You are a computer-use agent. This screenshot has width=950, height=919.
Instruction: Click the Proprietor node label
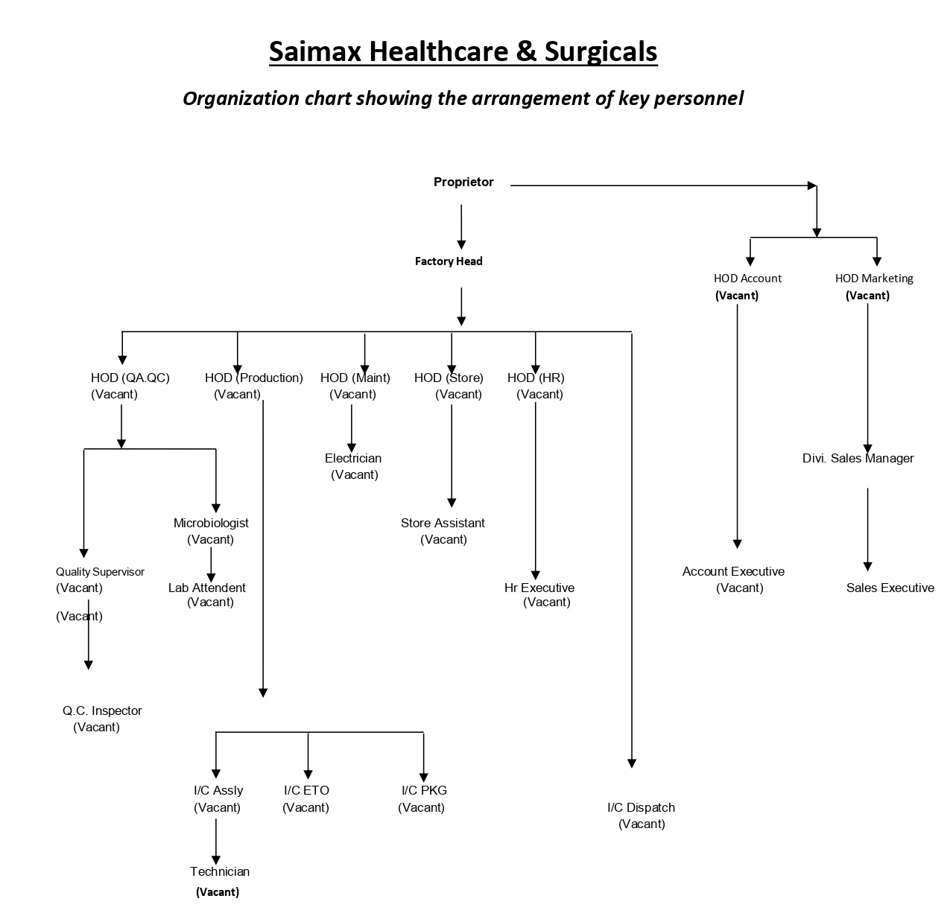463,182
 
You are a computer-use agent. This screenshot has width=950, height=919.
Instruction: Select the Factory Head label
448,261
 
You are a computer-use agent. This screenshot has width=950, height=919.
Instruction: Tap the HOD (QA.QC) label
130,378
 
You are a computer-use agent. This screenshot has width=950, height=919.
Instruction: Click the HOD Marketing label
873,279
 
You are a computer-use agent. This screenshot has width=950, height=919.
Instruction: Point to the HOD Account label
747,279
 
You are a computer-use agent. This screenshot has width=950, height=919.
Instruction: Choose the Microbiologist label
211,523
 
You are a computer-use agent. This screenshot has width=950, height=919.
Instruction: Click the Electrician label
353,458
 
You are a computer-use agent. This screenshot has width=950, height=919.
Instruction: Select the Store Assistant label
443,523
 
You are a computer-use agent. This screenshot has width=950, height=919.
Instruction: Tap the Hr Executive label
539,588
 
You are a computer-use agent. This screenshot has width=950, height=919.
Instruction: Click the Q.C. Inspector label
102,710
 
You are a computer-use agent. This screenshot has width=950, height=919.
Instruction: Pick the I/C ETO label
306,790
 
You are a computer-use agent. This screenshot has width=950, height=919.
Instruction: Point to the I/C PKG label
424,790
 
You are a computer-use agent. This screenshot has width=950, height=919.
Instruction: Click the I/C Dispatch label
641,807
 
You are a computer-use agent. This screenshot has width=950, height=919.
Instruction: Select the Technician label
220,871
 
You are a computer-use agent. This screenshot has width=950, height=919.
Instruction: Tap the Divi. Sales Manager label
858,458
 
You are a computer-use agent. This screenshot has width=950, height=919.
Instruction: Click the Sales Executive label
890,588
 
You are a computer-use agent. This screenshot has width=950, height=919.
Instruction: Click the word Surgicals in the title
601,51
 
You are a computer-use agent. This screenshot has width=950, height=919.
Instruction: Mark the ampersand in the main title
526,51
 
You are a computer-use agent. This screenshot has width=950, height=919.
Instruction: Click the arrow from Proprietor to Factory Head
460,226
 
